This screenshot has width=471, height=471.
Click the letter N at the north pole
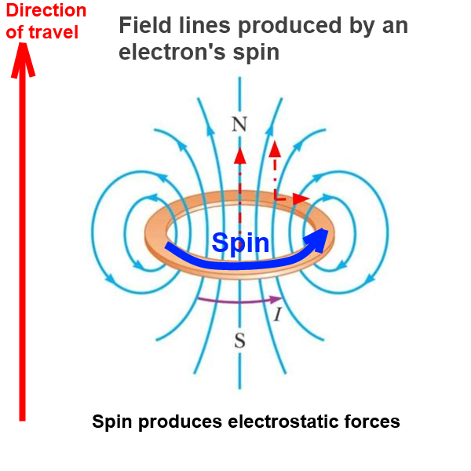point(239,124)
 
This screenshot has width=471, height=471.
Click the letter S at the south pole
point(239,341)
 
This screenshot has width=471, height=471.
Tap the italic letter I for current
point(278,315)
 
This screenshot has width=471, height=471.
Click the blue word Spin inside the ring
point(240,243)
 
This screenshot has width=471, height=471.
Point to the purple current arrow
point(239,301)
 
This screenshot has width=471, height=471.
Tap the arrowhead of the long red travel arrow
point(23,60)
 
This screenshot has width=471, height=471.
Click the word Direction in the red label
point(46,10)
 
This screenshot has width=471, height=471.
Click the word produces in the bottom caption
point(180,422)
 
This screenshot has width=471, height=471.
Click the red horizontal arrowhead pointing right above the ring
point(301,199)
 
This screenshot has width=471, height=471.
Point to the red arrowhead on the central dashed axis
point(239,155)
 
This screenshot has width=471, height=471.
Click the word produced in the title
point(290,26)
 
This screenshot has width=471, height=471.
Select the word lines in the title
point(205,25)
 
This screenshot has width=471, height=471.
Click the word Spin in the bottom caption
point(112,422)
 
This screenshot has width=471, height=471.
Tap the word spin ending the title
point(256,53)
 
